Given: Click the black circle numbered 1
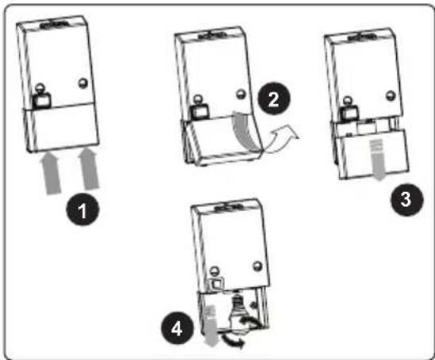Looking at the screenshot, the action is [83, 209].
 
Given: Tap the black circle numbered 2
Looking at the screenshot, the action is [274, 98].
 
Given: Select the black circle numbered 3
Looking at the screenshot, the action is [407, 199].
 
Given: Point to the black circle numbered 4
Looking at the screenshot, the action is [178, 328].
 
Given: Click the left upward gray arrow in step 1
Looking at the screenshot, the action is [50, 173].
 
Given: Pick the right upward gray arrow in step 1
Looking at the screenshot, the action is [88, 168].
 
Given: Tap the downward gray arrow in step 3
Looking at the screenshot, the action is [377, 159].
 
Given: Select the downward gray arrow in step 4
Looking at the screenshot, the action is [212, 326].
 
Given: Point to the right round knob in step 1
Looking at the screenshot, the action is [83, 83].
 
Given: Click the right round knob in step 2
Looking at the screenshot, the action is [241, 94].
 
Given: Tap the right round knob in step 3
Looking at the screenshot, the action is [391, 95].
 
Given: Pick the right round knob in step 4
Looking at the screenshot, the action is [258, 266].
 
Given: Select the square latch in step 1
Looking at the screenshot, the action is [42, 100].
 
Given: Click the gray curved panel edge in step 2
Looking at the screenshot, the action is [246, 131].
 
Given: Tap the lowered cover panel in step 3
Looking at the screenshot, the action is [373, 155].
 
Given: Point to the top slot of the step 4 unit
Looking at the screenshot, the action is [229, 207].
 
